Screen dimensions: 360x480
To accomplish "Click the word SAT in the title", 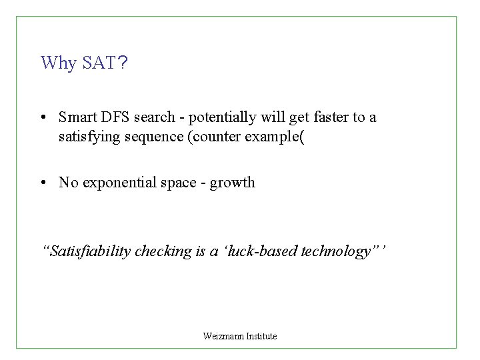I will coord(98,63).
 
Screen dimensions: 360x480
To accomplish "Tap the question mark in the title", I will coord(122,63).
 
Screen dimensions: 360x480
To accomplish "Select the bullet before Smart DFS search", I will coord(42,118).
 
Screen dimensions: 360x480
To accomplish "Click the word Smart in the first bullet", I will coord(76,117).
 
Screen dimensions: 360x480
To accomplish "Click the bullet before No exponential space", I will coord(42,183).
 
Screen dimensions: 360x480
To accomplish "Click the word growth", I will coord(233,183).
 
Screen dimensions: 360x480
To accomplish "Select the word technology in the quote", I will coord(336,251).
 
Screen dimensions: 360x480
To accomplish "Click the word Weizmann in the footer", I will coord(221,336).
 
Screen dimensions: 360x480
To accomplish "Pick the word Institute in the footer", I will coord(261,336).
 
